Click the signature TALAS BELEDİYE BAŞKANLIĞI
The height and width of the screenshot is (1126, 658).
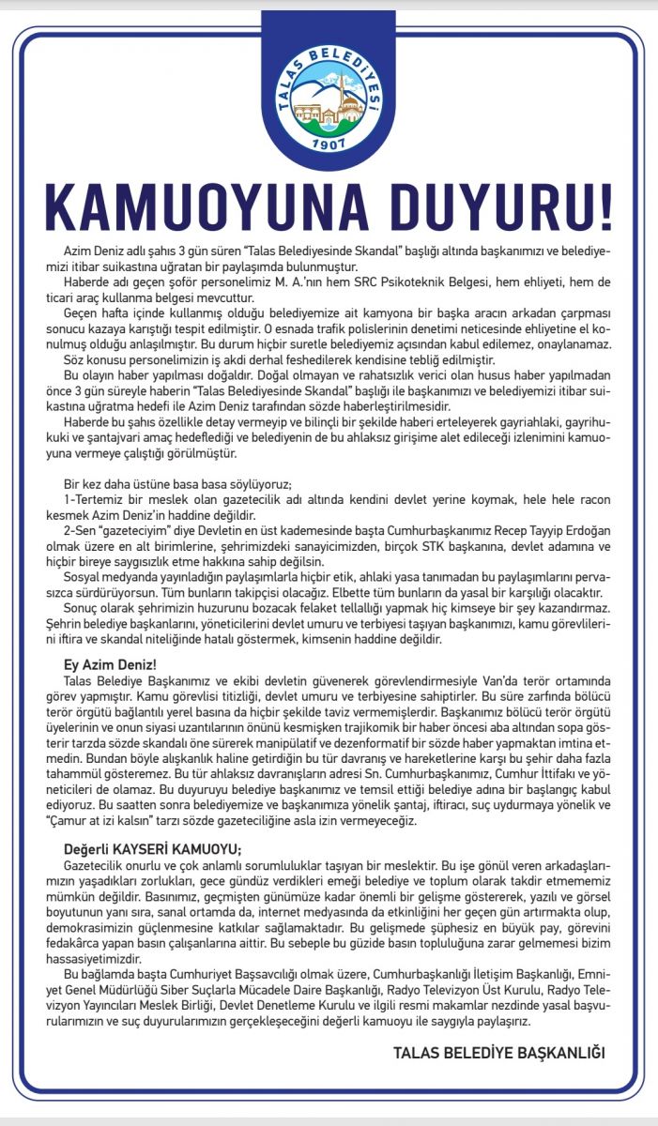coord(499,1053)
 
